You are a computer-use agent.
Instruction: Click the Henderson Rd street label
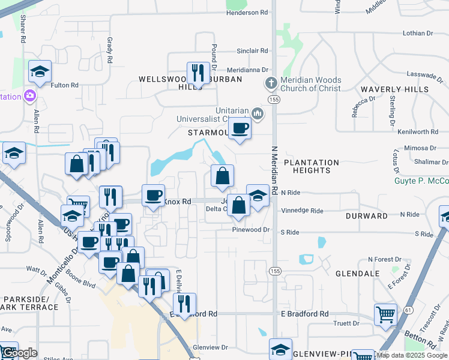[x=247, y=13]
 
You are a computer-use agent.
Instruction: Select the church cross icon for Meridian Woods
[x=270, y=83]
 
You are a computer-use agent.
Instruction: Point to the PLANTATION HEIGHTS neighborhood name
[x=311, y=166]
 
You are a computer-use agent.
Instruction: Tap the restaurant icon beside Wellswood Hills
[x=197, y=73]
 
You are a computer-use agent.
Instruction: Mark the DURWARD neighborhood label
[x=367, y=215]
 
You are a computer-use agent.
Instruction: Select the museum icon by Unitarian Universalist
[x=258, y=113]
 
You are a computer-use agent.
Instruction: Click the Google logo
[x=19, y=353]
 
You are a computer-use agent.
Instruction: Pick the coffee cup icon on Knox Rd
[x=153, y=194]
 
